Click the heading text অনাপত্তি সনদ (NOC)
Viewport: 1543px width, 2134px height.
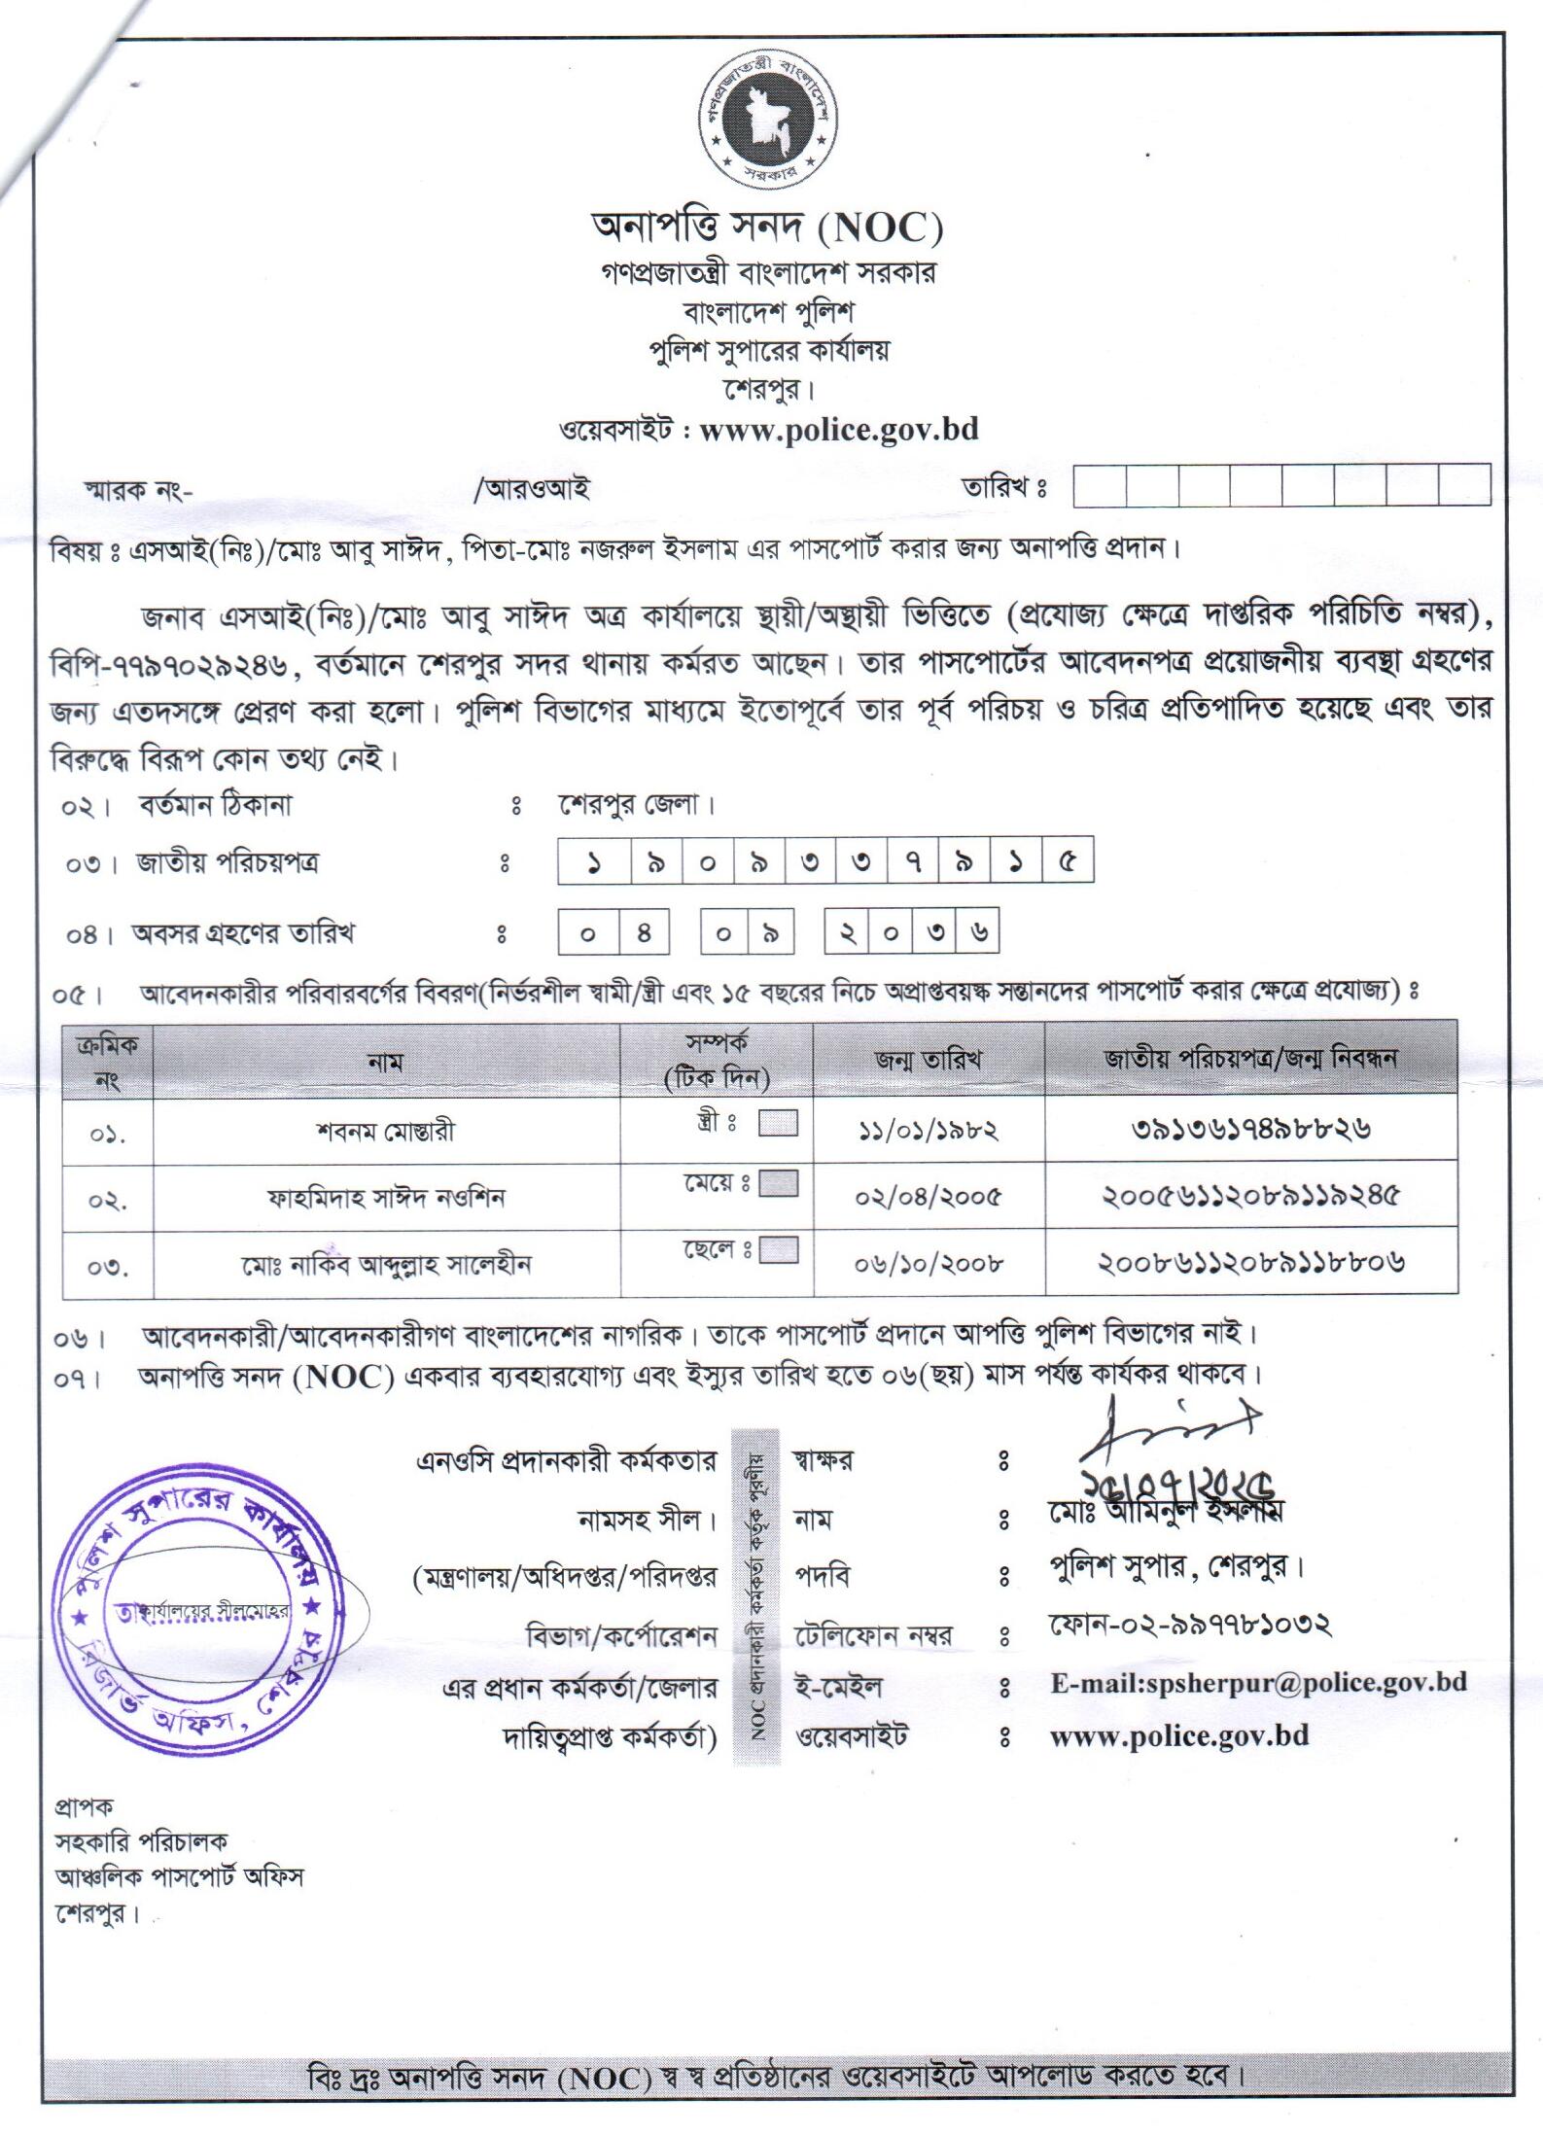767,227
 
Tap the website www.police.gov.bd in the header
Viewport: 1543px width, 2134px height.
838,429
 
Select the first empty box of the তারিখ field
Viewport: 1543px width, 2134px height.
1100,484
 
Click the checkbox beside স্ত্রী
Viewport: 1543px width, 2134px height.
778,1124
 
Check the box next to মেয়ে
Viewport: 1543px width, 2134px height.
778,1183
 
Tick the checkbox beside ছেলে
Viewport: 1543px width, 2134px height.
778,1249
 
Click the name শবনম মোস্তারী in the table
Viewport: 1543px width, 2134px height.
385,1131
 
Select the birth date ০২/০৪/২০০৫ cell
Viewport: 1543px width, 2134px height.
928,1197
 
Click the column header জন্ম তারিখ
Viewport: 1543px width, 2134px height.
928,1059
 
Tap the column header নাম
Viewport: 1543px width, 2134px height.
385,1063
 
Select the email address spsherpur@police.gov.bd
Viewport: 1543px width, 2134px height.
1258,1683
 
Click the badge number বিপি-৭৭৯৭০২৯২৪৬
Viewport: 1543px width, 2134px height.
168,665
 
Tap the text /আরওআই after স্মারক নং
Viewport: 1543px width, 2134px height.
532,489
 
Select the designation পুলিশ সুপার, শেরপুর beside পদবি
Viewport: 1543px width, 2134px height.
1175,1567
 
